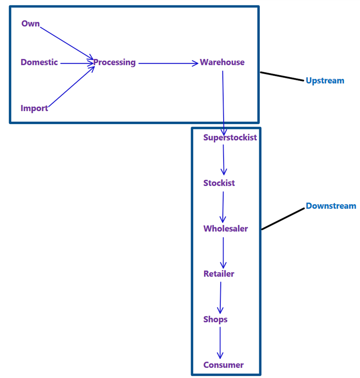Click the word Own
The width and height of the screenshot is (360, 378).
tap(30, 24)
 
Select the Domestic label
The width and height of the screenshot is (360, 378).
tap(39, 62)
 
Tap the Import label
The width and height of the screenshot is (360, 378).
tap(34, 108)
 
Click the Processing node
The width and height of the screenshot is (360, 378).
tap(114, 62)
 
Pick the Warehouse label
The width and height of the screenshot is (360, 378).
tap(222, 62)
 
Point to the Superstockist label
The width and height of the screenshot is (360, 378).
tap(230, 137)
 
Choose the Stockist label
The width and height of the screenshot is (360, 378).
tap(219, 183)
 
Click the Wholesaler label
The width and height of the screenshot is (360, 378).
tap(225, 229)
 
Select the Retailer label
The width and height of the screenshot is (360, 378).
tap(219, 274)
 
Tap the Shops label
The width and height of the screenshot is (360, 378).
tap(215, 319)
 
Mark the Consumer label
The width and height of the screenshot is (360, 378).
tap(224, 365)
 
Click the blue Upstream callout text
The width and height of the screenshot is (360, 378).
tap(325, 80)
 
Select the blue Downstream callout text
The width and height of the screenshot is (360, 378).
tap(331, 206)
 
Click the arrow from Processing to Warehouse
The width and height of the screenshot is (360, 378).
tap(168, 63)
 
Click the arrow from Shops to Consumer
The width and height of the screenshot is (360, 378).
tap(220, 342)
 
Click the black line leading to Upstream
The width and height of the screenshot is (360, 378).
tap(282, 76)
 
